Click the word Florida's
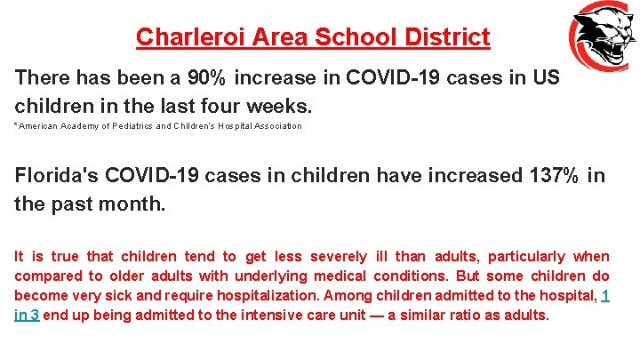coord(60,175)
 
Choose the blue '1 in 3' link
coord(604,296)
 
